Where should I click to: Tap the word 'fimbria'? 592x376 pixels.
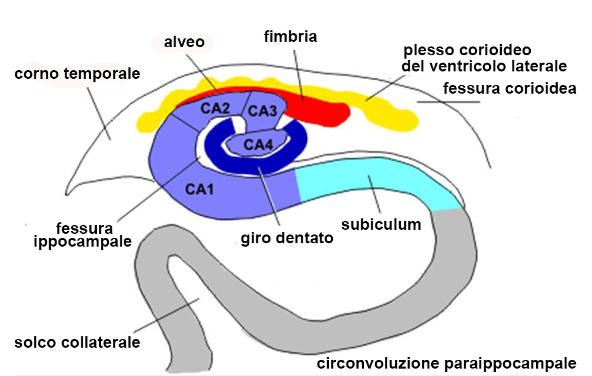click(290, 36)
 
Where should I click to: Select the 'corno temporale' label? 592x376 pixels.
click(77, 73)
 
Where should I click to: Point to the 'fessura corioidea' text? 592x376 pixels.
click(509, 88)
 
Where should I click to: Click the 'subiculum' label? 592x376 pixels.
click(381, 224)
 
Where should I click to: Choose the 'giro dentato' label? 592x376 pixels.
click(287, 238)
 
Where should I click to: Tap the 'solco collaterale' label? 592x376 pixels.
click(77, 342)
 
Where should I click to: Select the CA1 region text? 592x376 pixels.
click(200, 189)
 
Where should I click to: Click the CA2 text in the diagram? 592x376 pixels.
click(216, 108)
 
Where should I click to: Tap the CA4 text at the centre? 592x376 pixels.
click(258, 144)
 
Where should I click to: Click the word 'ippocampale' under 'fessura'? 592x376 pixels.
click(82, 241)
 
